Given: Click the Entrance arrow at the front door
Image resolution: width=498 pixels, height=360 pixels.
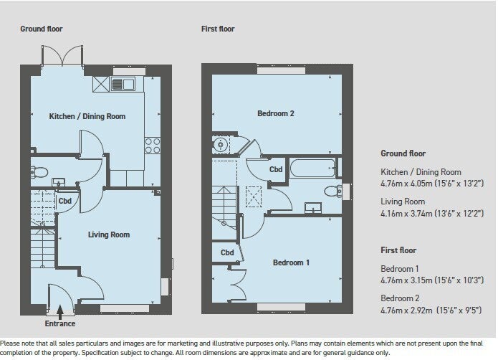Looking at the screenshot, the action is [x=60, y=312].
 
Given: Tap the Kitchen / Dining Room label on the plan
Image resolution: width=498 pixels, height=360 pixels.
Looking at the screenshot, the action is [x=87, y=116].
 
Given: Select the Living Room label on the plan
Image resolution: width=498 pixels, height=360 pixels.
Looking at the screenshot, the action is [x=109, y=235].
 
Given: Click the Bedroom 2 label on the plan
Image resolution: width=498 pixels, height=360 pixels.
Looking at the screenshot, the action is [x=276, y=113].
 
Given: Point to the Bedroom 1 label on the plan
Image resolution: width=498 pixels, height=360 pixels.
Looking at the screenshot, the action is [x=291, y=262].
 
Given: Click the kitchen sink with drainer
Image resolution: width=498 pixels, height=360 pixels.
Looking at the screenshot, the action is [x=123, y=84].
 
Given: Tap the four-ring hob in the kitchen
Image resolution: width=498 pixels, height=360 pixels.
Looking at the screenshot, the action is [x=153, y=146].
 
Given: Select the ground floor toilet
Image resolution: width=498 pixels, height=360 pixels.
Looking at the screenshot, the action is [x=39, y=173].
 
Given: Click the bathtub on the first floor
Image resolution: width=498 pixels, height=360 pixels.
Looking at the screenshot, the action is [x=312, y=168].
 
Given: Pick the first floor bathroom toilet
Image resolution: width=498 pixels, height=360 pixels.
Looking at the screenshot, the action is [x=333, y=191].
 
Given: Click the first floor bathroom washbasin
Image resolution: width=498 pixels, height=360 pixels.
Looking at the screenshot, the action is [x=313, y=208].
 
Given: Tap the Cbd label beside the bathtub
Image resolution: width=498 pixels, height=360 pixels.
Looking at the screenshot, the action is [x=276, y=169].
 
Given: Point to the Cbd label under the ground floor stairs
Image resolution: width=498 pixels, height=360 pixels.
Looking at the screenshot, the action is [x=64, y=201].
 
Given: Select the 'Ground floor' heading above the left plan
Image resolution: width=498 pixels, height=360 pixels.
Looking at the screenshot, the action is [x=42, y=29].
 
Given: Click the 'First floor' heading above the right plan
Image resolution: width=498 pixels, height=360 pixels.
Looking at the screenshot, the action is [x=218, y=29].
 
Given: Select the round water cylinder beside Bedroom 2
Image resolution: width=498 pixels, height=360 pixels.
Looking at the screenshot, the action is [x=220, y=145].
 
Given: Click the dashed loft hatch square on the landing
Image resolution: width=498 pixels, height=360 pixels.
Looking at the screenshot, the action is [x=254, y=197].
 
